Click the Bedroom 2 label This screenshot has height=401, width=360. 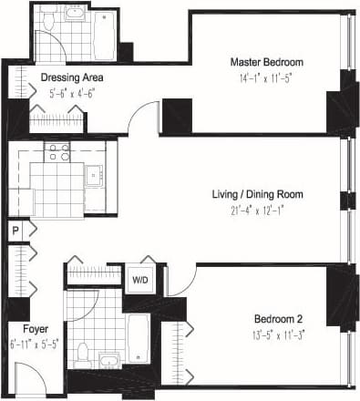(x=279, y=319)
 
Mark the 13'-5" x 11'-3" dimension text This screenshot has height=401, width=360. (x=279, y=335)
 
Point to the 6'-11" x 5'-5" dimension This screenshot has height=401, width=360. (x=35, y=344)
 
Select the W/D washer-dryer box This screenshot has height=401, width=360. (x=141, y=280)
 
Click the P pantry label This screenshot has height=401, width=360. (x=15, y=231)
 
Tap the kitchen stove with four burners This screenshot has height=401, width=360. (x=59, y=151)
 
